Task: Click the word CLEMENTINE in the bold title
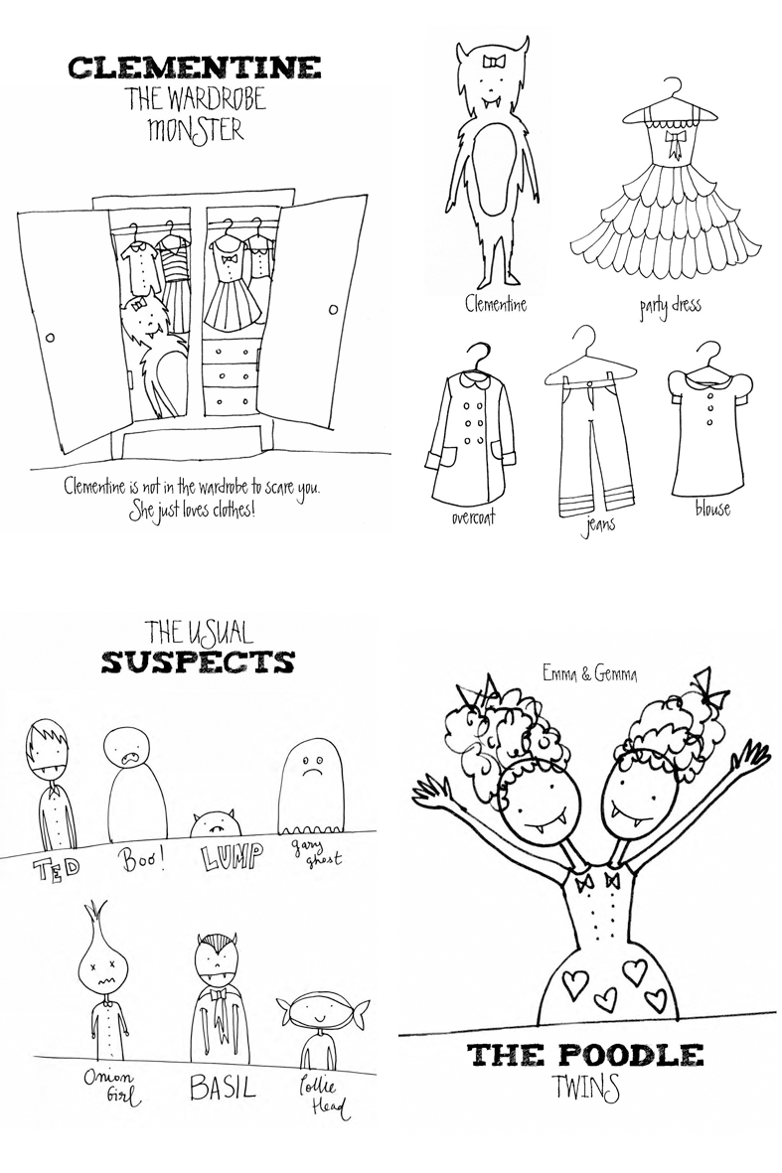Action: [x=194, y=68]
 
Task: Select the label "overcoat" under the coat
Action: [x=473, y=516]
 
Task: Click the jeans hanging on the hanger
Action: [x=589, y=429]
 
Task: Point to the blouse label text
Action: [x=712, y=509]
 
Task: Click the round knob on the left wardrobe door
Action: [x=50, y=338]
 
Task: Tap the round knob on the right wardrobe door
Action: [x=332, y=309]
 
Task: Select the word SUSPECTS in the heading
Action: [x=198, y=662]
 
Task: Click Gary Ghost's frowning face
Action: [x=305, y=767]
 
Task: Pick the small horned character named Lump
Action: [x=214, y=824]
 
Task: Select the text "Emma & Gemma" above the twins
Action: [x=589, y=673]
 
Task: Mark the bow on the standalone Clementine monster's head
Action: [x=495, y=62]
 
